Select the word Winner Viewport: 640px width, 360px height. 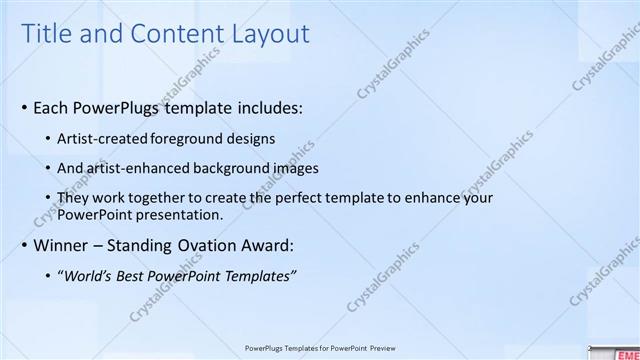pos(61,244)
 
